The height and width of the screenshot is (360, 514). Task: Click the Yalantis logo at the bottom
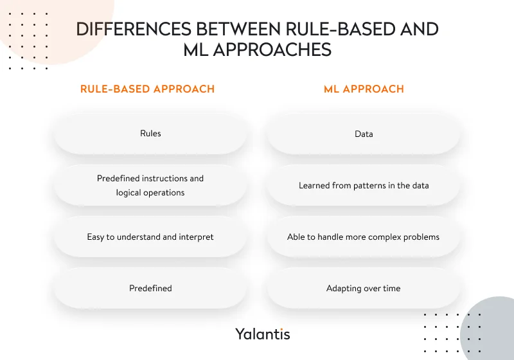pyautogui.click(x=262, y=334)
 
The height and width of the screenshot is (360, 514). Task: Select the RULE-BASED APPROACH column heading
pyautogui.click(x=147, y=89)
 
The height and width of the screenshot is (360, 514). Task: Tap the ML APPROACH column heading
pyautogui.click(x=364, y=89)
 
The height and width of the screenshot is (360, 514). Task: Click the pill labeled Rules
pyautogui.click(x=150, y=134)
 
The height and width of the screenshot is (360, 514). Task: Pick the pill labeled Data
pyautogui.click(x=364, y=134)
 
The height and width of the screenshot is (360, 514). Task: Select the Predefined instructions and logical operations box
pyautogui.click(x=150, y=185)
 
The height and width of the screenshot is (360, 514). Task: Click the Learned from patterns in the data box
pyautogui.click(x=364, y=185)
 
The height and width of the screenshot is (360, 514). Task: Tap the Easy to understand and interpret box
pyautogui.click(x=150, y=237)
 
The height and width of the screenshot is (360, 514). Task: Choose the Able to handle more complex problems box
pyautogui.click(x=364, y=237)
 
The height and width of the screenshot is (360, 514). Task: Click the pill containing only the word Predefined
pyautogui.click(x=150, y=288)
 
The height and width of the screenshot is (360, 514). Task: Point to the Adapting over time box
pyautogui.click(x=364, y=288)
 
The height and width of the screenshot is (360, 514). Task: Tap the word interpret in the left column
pyautogui.click(x=196, y=237)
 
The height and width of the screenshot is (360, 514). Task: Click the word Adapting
pyautogui.click(x=344, y=288)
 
